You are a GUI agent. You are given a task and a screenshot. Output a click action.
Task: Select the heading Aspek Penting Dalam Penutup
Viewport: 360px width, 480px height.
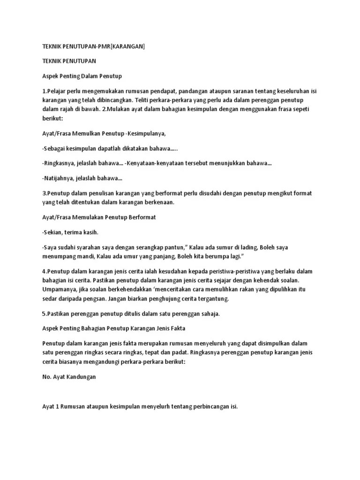click(82, 75)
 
